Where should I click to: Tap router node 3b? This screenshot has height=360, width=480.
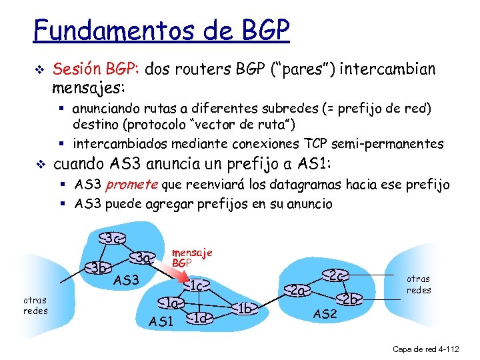[x=100, y=269]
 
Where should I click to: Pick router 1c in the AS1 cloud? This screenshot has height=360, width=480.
[x=194, y=286]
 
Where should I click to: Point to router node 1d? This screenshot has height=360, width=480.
[x=202, y=318]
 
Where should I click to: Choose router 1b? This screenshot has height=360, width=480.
[x=245, y=308]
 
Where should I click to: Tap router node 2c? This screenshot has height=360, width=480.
[x=337, y=275]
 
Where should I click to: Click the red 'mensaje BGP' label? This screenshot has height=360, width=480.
[x=192, y=257]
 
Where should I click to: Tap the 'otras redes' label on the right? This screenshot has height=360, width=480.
[x=419, y=284]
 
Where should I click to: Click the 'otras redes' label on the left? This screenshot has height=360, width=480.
[x=35, y=306]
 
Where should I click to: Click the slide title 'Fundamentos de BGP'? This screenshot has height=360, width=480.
[x=162, y=30]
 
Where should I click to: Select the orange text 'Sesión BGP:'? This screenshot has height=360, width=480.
[x=96, y=69]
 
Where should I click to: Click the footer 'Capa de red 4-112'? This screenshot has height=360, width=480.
[x=426, y=349]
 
